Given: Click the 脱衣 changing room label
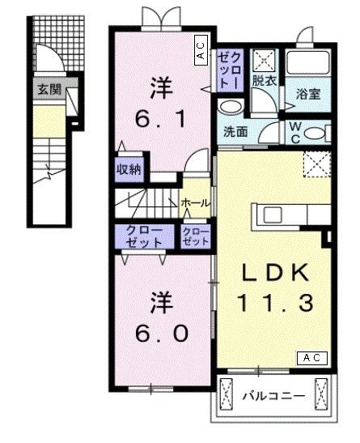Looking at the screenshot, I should (263, 81).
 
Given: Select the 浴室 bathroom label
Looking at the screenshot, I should (308, 93).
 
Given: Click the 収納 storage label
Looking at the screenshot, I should (129, 169).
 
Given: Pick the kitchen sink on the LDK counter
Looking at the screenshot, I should (271, 215).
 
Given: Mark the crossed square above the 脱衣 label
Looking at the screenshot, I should (264, 59).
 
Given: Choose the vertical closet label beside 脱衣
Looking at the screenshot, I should (226, 69).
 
